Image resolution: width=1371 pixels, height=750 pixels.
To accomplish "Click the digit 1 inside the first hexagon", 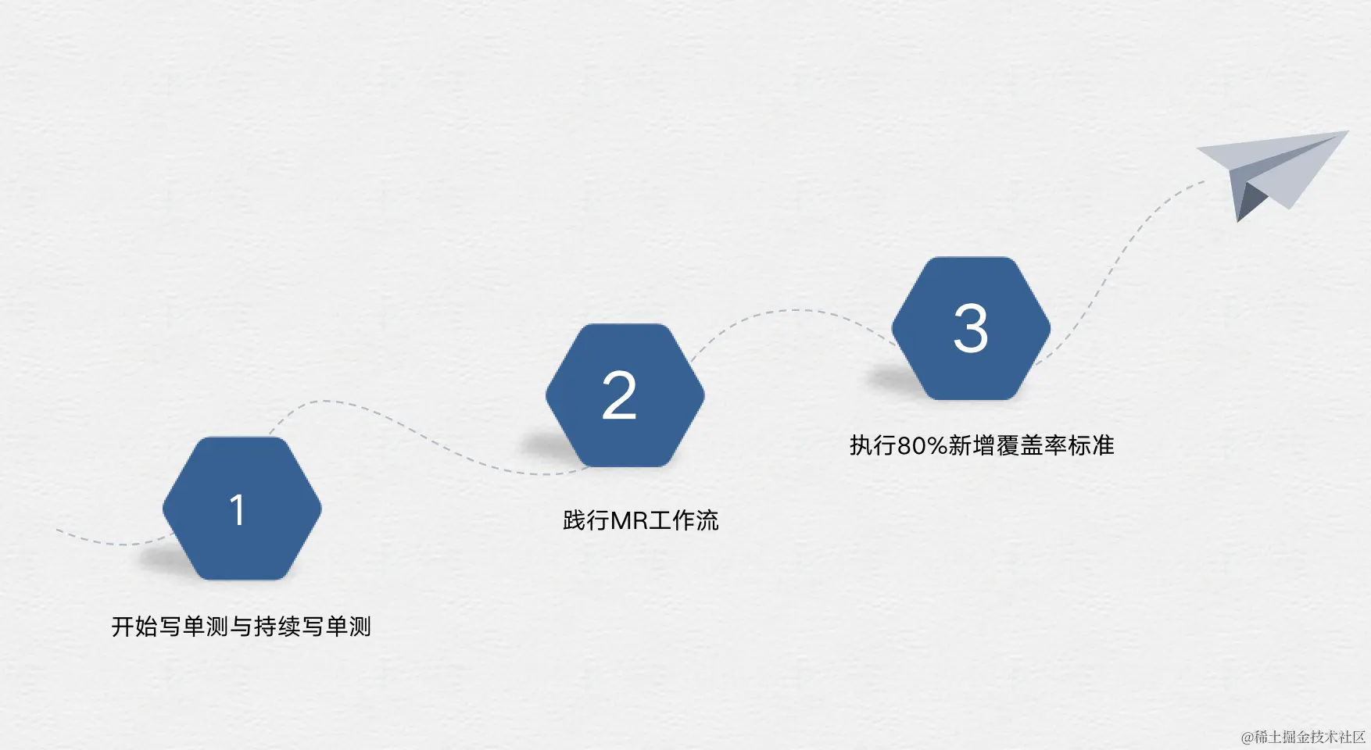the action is [x=238, y=509].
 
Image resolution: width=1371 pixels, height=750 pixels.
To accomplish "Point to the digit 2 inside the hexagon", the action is [x=619, y=395].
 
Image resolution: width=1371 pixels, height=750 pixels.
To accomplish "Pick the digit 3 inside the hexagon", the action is [x=971, y=328].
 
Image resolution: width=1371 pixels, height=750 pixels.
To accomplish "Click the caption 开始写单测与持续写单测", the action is [x=241, y=627].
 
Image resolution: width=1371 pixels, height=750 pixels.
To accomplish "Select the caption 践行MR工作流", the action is [x=640, y=520].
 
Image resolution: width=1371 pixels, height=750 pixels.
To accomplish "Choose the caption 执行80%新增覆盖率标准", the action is [x=982, y=445].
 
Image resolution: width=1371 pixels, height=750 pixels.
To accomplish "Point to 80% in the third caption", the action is [x=922, y=445].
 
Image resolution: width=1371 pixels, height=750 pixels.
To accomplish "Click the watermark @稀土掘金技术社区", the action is [x=1303, y=737].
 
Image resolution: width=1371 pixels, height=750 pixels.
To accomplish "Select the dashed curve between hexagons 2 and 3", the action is [x=797, y=311].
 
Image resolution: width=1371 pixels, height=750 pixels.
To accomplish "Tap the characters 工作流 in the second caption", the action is [x=683, y=520].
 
